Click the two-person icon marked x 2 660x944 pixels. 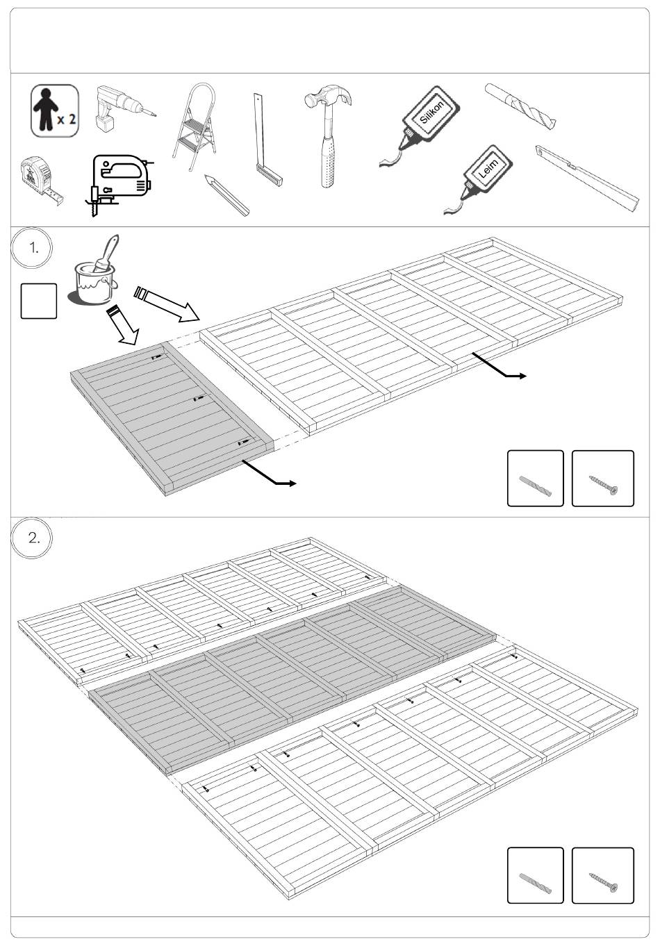(55, 111)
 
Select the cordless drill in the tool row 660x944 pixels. (126, 108)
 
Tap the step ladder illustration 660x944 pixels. (195, 126)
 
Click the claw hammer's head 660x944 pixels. (329, 96)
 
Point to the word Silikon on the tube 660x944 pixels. (431, 112)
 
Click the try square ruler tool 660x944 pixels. (267, 140)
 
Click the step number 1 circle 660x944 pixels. (32, 248)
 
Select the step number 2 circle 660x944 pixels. (32, 538)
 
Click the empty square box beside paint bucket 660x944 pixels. (39, 301)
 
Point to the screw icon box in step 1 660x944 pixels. (602, 479)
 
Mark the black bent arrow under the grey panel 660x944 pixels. (269, 473)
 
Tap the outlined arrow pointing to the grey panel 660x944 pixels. (123, 326)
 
